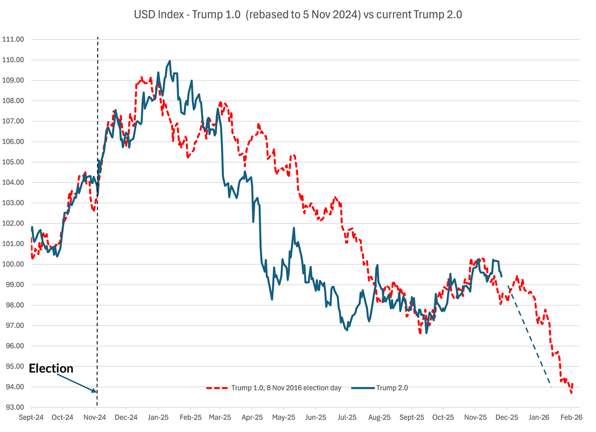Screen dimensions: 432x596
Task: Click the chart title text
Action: tap(298, 14)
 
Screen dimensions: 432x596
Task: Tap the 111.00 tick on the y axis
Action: tap(14, 39)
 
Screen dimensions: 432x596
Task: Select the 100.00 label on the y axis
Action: tap(14, 264)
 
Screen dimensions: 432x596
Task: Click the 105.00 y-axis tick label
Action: tap(14, 162)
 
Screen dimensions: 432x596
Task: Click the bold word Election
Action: tap(51, 369)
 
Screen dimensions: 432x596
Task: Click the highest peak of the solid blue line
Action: tap(169, 61)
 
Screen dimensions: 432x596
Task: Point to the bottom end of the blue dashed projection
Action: tap(551, 387)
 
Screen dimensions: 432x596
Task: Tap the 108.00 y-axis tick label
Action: tap(14, 101)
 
